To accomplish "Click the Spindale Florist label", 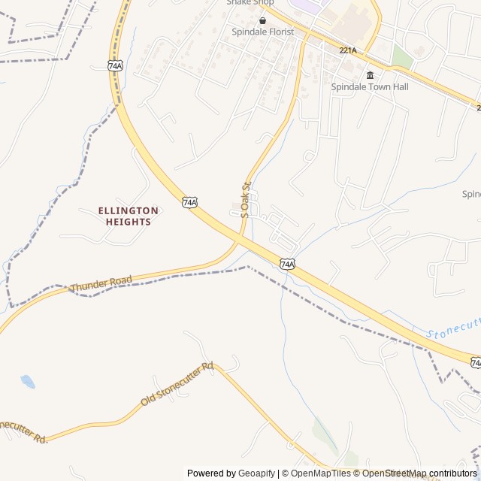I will coord(262,32).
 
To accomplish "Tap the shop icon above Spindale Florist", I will coord(262,20).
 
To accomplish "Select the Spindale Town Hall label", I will coord(370,87).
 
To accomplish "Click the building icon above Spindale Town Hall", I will coord(370,75).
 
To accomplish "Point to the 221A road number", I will coord(347,50).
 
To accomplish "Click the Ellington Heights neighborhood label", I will coord(128,216).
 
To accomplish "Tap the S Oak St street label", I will coord(244,200).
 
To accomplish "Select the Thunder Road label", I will coord(101,284).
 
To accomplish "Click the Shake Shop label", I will coord(250,2).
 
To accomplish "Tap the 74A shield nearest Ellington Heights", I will coord(189,202).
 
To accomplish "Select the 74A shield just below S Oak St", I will coord(287,264).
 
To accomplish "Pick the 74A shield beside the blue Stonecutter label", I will coord(476,362).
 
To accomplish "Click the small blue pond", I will coord(28,381).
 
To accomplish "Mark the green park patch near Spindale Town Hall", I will coord(402,57).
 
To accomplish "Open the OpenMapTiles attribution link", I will coord(320,473).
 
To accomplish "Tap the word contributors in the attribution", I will coord(453,473).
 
